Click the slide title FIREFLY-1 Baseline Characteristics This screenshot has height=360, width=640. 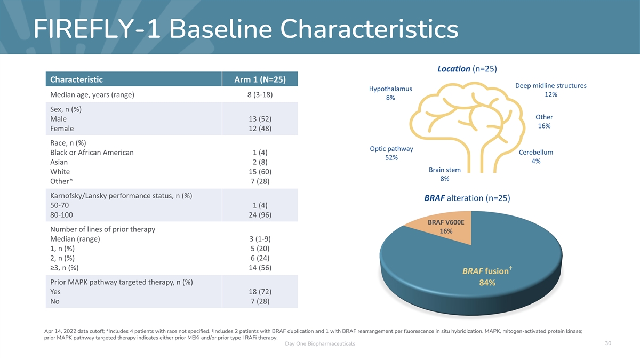point(246,29)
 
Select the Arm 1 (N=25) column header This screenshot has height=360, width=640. point(260,79)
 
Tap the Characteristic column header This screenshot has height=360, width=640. point(76,79)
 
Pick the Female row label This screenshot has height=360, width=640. point(62,129)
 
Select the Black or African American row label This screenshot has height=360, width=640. point(92,153)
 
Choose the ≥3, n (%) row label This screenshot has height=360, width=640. point(65,267)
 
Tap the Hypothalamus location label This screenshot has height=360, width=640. point(390,89)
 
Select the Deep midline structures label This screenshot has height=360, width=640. point(551,85)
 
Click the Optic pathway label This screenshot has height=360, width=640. point(391,149)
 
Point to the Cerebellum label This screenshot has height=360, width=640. point(536,153)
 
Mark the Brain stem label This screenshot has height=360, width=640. point(445,170)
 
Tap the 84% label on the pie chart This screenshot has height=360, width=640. point(487,283)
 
